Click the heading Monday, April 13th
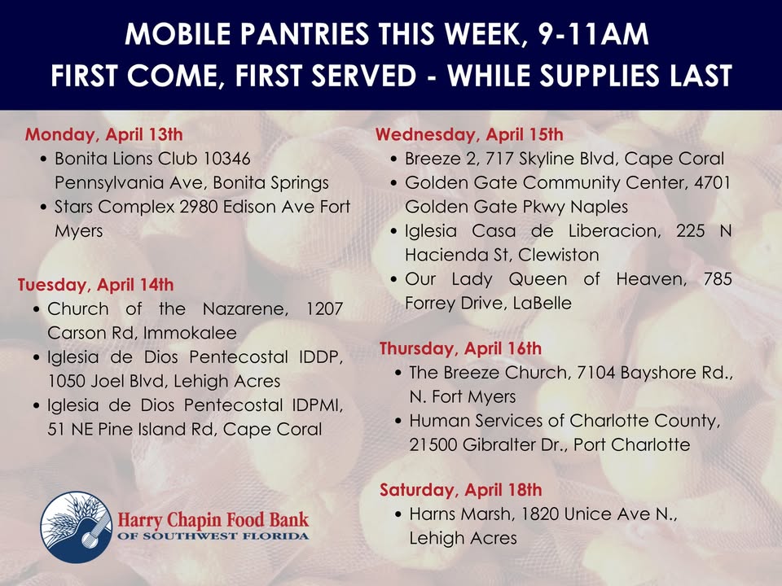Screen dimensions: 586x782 pos(104,134)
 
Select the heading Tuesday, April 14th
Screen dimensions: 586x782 pos(95,285)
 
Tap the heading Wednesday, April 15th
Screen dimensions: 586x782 pos(468,134)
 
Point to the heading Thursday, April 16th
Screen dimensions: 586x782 pos(460,348)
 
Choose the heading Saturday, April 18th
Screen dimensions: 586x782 pos(460,490)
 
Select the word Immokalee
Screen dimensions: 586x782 pos(196,333)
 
